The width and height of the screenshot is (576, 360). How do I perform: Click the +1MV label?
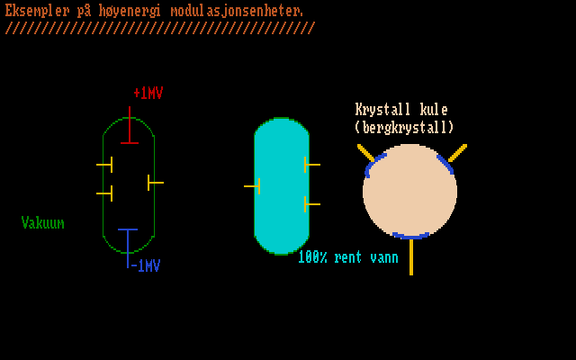(148, 93)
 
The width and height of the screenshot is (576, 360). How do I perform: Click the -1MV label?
(146, 265)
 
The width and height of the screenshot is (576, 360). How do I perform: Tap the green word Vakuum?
(43, 222)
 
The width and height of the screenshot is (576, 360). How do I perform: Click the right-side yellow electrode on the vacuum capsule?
(154, 183)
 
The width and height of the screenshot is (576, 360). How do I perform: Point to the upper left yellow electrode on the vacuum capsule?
(106, 165)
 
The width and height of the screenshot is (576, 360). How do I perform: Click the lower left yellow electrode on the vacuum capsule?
(106, 193)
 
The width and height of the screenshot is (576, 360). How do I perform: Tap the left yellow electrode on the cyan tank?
(254, 186)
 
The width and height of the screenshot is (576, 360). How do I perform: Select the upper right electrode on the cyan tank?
(310, 164)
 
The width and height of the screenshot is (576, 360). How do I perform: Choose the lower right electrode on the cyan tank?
(310, 204)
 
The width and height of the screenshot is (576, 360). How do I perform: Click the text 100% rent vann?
(347, 257)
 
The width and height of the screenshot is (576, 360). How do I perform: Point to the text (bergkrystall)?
(404, 128)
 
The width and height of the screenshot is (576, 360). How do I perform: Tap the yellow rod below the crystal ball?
(411, 256)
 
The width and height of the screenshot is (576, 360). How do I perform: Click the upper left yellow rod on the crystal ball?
(365, 152)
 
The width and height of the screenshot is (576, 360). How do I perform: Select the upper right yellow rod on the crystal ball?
(457, 153)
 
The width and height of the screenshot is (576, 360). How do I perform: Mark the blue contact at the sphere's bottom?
(410, 236)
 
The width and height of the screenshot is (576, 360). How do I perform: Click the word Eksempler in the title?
(36, 11)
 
